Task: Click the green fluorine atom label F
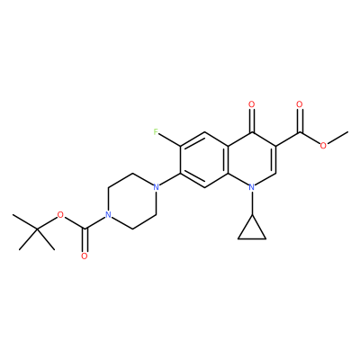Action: [156, 132]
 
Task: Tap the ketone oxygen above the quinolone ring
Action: [252, 104]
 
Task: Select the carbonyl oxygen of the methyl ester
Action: [300, 104]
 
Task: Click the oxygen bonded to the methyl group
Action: [323, 146]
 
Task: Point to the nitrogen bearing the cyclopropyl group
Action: [252, 187]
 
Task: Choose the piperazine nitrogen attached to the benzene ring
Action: [156, 187]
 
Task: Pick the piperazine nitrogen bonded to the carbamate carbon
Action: [108, 215]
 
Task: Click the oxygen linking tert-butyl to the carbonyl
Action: [60, 215]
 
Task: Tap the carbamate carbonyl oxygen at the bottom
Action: [85, 256]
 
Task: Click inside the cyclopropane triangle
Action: [252, 231]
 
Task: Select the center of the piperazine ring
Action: [131, 202]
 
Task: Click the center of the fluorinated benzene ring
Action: [204, 160]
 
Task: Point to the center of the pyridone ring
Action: [252, 160]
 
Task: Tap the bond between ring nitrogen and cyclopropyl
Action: [252, 203]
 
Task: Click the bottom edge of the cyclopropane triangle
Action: [252, 239]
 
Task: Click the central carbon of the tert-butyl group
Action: [37, 229]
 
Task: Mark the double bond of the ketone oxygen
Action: [252, 121]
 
